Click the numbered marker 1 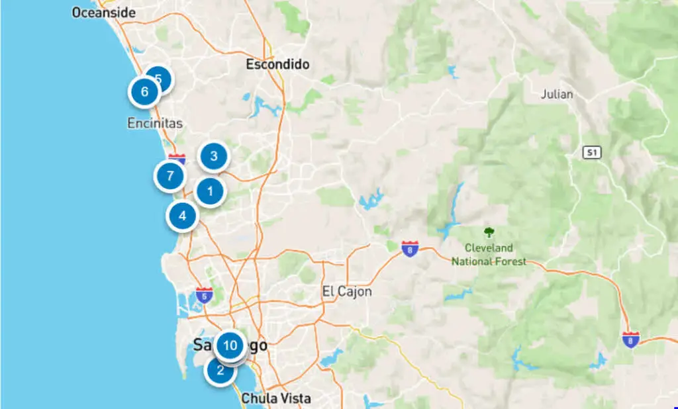click(211, 192)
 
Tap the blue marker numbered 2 click(220, 371)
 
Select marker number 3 click(213, 157)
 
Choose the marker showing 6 click(144, 92)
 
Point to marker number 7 click(170, 176)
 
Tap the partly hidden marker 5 click(161, 78)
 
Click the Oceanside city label click(103, 13)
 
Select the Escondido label click(277, 65)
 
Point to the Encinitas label click(154, 124)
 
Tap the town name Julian click(557, 94)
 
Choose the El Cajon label click(347, 291)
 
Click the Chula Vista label click(275, 398)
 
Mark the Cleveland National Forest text click(489, 255)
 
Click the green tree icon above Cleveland click(489, 232)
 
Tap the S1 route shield click(591, 153)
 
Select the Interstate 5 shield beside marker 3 click(177, 159)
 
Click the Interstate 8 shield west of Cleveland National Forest click(410, 249)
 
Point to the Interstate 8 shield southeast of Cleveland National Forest click(631, 340)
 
